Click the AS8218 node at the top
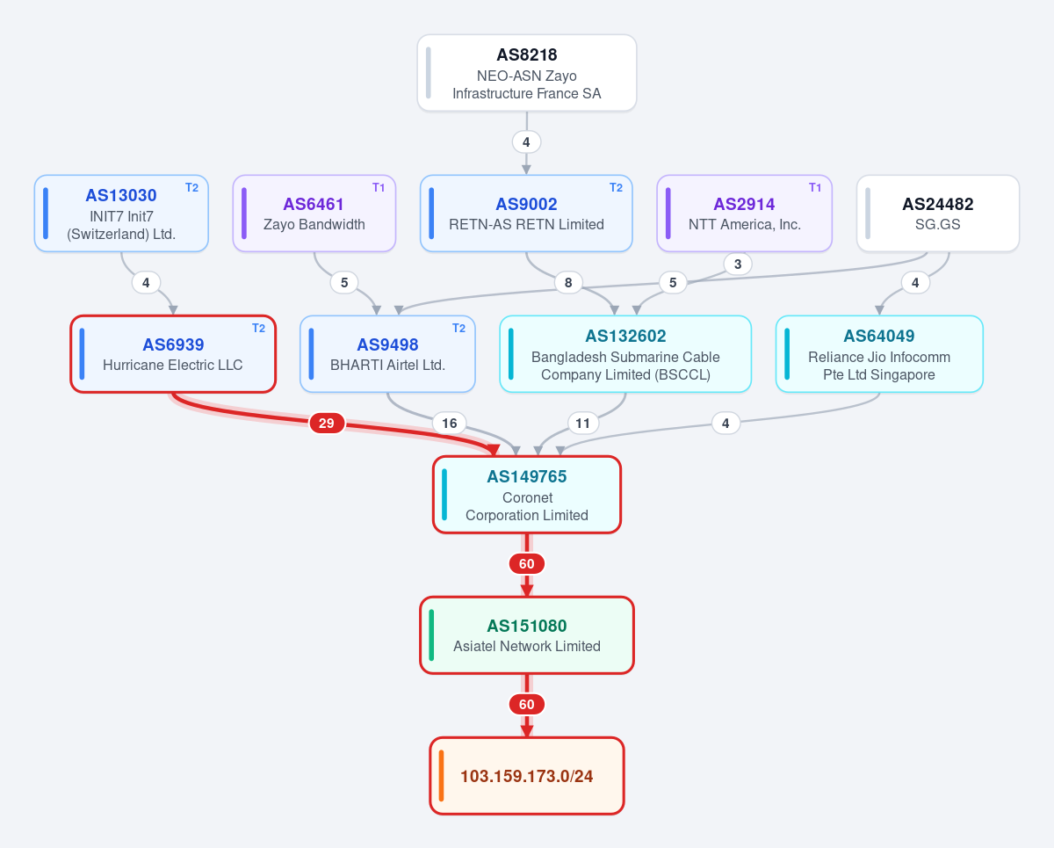coord(526,73)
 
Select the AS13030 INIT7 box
coord(121,214)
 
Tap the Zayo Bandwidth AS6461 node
coord(314,214)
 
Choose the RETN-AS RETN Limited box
coord(526,214)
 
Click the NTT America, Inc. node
coord(745,214)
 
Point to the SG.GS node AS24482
coord(938,214)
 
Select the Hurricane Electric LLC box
coord(173,354)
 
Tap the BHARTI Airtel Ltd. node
coord(387,354)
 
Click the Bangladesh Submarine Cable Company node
coord(625,354)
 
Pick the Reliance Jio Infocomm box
coord(879,354)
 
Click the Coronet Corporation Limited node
coord(527,495)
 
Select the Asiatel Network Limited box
coord(527,635)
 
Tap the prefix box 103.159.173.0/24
coord(527,776)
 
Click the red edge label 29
coord(327,423)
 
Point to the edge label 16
coord(450,423)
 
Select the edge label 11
coord(582,423)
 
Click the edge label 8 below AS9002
coord(568,282)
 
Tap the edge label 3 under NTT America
coord(738,265)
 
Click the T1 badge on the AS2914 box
coord(815,188)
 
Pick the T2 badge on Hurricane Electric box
coord(258,329)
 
